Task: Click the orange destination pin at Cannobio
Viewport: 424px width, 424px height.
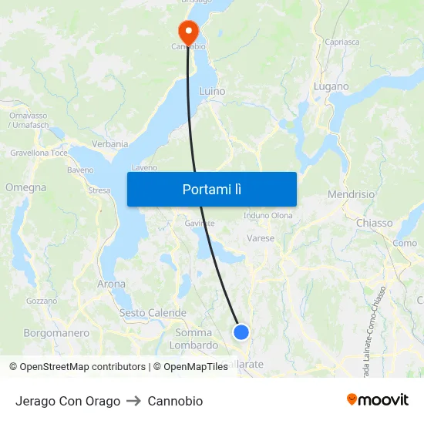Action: click(x=187, y=31)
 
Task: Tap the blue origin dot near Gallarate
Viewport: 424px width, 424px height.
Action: click(x=241, y=332)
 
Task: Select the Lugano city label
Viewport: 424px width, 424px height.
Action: click(x=331, y=87)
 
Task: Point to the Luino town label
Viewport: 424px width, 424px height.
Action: click(x=212, y=91)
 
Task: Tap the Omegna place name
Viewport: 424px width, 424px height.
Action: click(x=25, y=187)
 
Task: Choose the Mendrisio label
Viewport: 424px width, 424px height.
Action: click(x=351, y=194)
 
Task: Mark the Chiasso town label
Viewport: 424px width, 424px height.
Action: click(x=374, y=223)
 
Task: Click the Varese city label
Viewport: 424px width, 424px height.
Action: click(x=261, y=238)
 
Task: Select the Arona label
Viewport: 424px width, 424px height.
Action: click(x=111, y=284)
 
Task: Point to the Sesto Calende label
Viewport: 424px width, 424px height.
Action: click(x=153, y=313)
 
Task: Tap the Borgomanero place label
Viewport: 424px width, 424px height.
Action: click(x=56, y=333)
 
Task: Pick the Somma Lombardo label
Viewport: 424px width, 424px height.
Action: click(x=193, y=338)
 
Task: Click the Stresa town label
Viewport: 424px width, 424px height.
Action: click(x=99, y=190)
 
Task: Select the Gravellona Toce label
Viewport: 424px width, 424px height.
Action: click(x=39, y=153)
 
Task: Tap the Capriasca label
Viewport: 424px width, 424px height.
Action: click(x=342, y=42)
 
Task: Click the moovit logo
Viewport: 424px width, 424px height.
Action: click(x=378, y=399)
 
